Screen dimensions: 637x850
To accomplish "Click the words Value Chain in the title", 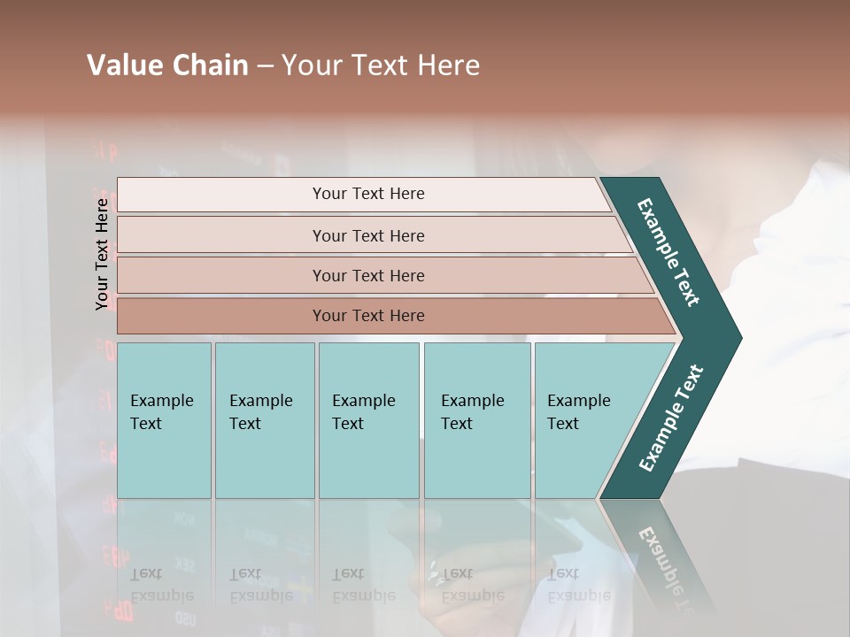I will (167, 65).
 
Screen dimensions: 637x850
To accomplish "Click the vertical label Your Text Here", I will (102, 254).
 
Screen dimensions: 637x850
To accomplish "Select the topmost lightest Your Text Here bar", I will (367, 195).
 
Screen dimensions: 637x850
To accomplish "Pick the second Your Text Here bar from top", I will (367, 235).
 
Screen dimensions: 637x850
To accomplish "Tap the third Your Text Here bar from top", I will (367, 275).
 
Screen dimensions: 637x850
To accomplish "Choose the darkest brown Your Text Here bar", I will (367, 316).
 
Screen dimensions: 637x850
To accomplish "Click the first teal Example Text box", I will (164, 420).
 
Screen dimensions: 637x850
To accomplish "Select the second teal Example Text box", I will (265, 420).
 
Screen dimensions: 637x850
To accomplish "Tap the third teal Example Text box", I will (368, 420).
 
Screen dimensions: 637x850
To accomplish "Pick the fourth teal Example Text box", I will (477, 420).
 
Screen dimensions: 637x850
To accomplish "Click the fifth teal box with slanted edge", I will (584, 420).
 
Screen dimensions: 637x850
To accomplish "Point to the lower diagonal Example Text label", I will (671, 418).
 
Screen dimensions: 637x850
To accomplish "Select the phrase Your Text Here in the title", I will (381, 65).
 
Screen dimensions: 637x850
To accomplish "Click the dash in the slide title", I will (265, 66).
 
